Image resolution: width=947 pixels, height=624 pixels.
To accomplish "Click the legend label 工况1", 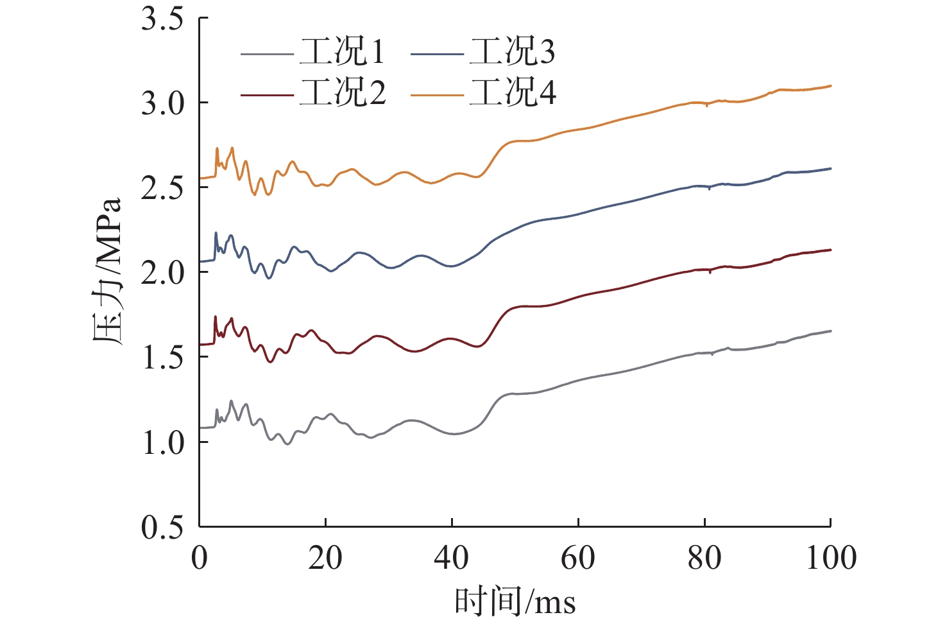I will pyautogui.click(x=342, y=52).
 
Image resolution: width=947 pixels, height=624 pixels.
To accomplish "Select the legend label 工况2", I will pyautogui.click(x=342, y=93).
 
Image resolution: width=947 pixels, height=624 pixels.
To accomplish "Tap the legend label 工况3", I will pyautogui.click(x=512, y=52).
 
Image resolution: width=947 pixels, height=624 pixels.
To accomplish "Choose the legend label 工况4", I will pyautogui.click(x=512, y=93).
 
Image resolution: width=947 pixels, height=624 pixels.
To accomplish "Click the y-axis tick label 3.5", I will pyautogui.click(x=162, y=19).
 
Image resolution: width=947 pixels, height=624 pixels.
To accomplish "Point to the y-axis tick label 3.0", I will pyautogui.click(x=162, y=103).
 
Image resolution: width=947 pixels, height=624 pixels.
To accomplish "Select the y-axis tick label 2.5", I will pyautogui.click(x=162, y=188).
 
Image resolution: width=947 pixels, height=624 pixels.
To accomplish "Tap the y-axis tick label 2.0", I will pyautogui.click(x=162, y=273).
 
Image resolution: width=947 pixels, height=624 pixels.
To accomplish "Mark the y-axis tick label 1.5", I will pyautogui.click(x=162, y=358).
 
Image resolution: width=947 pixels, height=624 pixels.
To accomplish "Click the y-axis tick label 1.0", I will pyautogui.click(x=162, y=442).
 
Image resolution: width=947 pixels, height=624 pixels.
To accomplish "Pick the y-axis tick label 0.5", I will pyautogui.click(x=162, y=527).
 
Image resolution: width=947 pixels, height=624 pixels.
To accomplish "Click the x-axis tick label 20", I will pyautogui.click(x=325, y=558).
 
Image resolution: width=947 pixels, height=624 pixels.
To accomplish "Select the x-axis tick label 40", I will pyautogui.click(x=452, y=558).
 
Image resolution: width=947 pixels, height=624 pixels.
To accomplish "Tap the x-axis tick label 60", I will pyautogui.click(x=578, y=558).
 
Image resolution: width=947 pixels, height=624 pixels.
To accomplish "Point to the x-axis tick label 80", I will pyautogui.click(x=704, y=558).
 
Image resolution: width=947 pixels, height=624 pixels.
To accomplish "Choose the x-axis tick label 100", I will pyautogui.click(x=831, y=558).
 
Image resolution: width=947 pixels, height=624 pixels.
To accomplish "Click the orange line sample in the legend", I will pyautogui.click(x=436, y=95).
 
